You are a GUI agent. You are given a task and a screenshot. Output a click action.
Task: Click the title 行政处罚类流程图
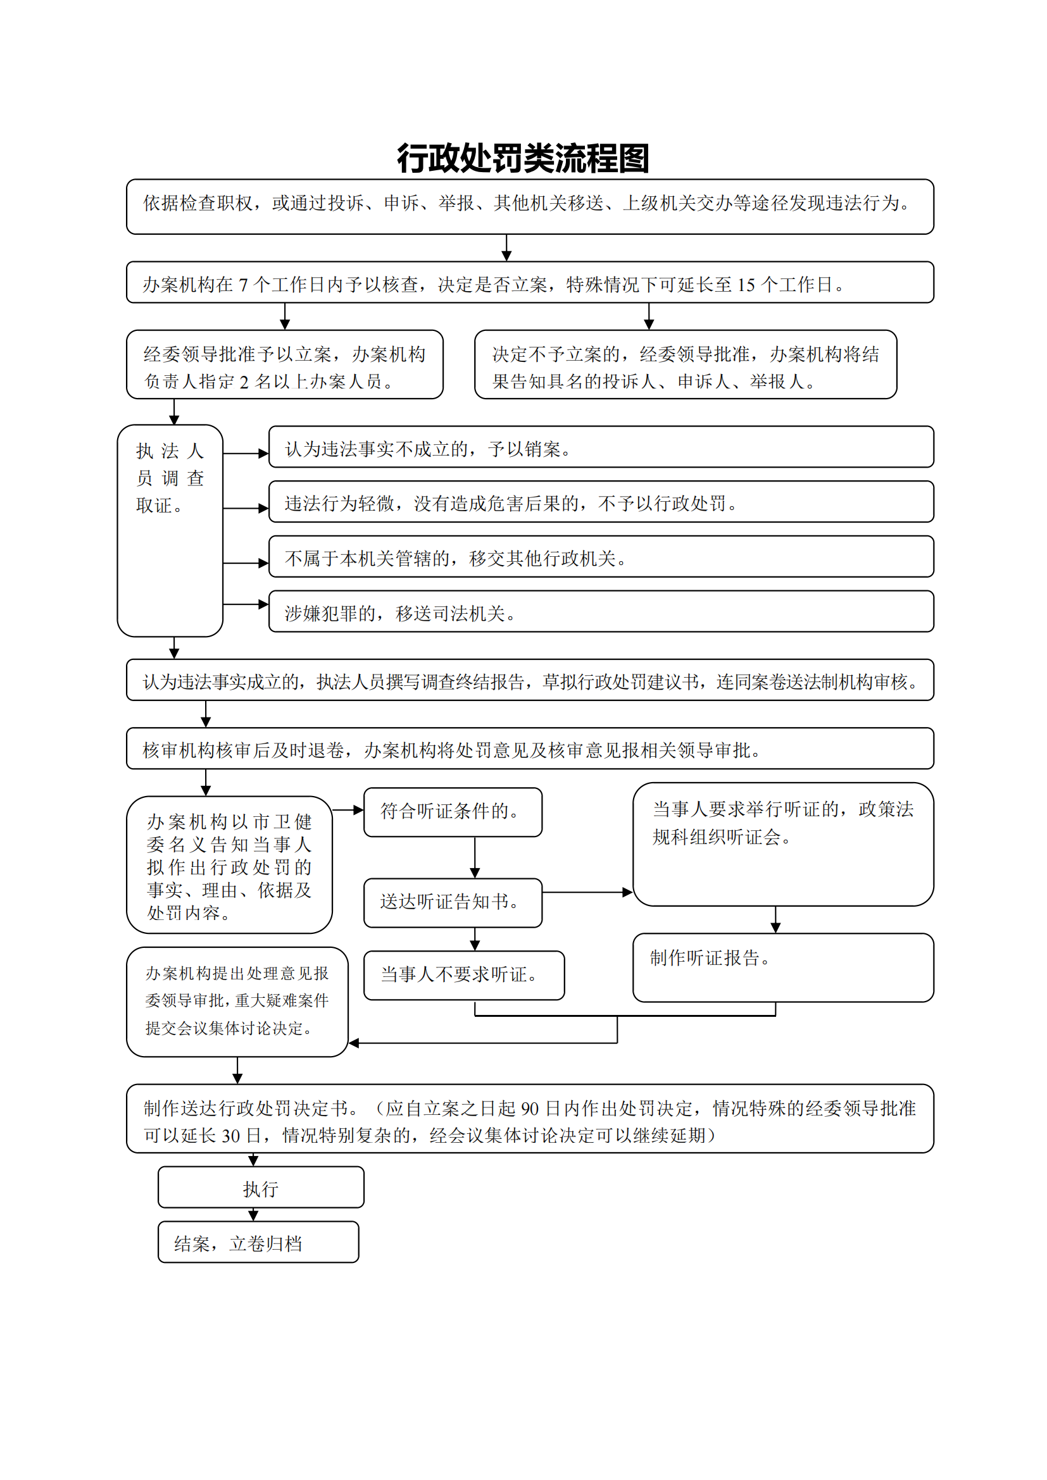(523, 159)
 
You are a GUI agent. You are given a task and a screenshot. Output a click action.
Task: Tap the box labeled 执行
(260, 1187)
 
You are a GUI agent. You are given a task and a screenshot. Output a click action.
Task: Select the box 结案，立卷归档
(258, 1242)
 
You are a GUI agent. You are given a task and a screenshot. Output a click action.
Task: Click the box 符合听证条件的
(453, 812)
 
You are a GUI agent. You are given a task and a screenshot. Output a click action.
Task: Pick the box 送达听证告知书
(453, 902)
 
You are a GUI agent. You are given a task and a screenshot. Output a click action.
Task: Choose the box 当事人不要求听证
(463, 974)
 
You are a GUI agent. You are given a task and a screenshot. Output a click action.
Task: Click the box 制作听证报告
(782, 967)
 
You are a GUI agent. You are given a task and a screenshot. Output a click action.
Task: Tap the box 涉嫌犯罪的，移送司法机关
(600, 612)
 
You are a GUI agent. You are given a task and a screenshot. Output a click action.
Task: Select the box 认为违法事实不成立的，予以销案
(600, 447)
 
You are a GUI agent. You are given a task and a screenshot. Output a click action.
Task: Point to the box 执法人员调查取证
(170, 530)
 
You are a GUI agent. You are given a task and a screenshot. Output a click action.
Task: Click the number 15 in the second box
(746, 285)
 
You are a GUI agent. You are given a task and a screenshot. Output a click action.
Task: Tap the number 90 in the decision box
(529, 1109)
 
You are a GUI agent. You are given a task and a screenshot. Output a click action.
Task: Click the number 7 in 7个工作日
(243, 285)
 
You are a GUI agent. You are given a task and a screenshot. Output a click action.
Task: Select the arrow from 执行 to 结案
(253, 1214)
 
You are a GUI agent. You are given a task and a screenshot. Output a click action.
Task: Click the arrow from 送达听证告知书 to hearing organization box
(587, 892)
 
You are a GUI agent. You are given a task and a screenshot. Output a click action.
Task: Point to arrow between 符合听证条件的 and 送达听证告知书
(475, 857)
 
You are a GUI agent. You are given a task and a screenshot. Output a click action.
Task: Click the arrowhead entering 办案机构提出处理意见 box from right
(353, 1043)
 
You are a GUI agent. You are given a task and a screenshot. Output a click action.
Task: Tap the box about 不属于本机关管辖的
(600, 557)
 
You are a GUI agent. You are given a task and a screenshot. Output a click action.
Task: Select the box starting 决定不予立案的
(685, 365)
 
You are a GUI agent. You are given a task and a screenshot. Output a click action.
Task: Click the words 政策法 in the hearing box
(886, 810)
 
